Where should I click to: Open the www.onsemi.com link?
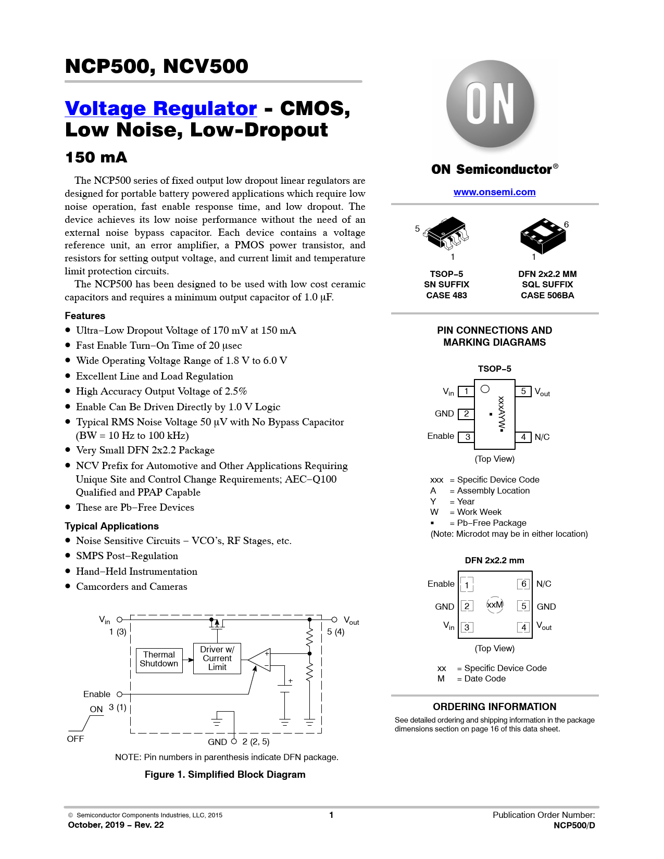tap(494, 192)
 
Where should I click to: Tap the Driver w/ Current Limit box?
tap(217, 658)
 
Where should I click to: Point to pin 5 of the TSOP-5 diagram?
tap(523, 391)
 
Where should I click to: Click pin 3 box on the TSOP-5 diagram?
tap(466, 437)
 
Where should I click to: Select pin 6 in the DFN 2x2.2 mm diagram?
tap(523, 584)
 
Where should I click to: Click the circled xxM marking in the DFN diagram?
tap(495, 605)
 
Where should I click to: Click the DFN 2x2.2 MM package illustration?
tap(543, 236)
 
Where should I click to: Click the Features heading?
tap(85, 316)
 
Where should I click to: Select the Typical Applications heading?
tap(111, 526)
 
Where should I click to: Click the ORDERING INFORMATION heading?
tap(494, 706)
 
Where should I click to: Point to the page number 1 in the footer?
tap(331, 815)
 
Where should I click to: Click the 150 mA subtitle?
tap(96, 157)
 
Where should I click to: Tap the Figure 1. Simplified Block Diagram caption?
tap(225, 775)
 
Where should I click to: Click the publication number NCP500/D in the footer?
tap(574, 825)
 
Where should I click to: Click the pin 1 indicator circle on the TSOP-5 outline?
tap(485, 389)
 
